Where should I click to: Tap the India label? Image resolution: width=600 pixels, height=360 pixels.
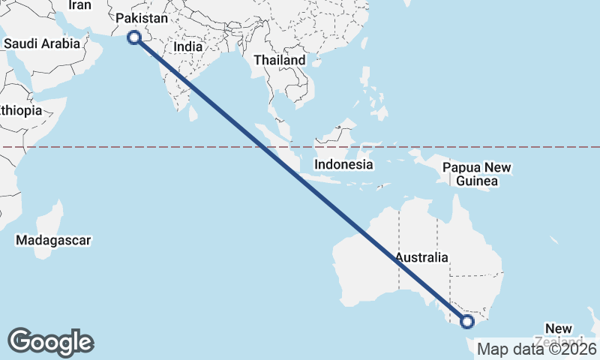click(187, 46)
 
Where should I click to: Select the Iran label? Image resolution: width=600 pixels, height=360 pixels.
click(79, 5)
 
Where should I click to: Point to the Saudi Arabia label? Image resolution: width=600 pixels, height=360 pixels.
click(41, 43)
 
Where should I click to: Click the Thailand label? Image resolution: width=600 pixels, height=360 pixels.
click(280, 60)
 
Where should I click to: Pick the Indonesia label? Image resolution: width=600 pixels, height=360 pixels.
click(343, 164)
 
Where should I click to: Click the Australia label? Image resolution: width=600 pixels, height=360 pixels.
click(422, 257)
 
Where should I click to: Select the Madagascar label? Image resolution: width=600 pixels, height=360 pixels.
click(53, 241)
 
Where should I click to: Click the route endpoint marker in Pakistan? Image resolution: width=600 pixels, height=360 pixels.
click(134, 37)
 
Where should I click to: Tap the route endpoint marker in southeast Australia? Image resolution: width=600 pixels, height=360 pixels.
click(467, 322)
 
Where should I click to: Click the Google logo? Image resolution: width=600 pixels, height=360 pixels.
click(50, 341)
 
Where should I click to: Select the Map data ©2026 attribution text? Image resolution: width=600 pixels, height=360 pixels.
click(537, 349)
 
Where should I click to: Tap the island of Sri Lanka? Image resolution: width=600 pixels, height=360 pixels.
click(193, 112)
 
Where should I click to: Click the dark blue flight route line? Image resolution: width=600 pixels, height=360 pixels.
click(300, 179)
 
